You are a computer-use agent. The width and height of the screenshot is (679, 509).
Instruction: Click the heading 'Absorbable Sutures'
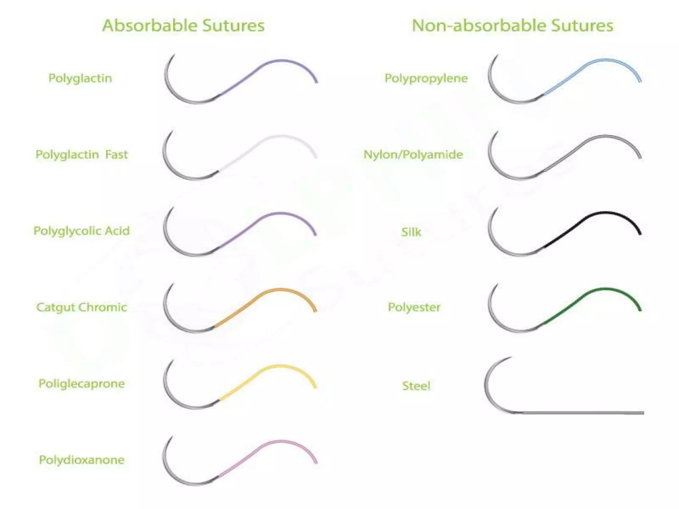click(x=183, y=26)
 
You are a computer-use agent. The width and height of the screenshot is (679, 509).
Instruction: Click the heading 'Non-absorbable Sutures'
click(x=512, y=26)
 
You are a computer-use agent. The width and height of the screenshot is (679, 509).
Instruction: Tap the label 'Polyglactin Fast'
click(x=82, y=154)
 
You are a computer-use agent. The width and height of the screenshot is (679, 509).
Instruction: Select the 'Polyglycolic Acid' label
click(x=82, y=231)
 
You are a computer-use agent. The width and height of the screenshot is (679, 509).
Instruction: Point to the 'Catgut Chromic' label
click(x=82, y=307)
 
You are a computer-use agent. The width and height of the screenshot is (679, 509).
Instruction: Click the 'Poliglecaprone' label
click(x=82, y=383)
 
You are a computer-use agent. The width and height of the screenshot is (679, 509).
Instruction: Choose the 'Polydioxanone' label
click(x=82, y=460)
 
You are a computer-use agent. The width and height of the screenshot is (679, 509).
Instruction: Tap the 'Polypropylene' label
click(x=426, y=78)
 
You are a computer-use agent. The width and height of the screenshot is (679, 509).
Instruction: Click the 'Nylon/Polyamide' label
click(x=413, y=154)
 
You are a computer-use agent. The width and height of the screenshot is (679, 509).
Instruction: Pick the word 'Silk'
click(x=411, y=232)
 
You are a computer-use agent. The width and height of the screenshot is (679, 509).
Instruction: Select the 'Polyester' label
click(x=414, y=307)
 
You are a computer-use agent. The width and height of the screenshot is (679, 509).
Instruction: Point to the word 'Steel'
click(x=416, y=386)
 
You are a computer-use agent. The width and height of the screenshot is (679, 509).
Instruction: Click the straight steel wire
click(x=584, y=413)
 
